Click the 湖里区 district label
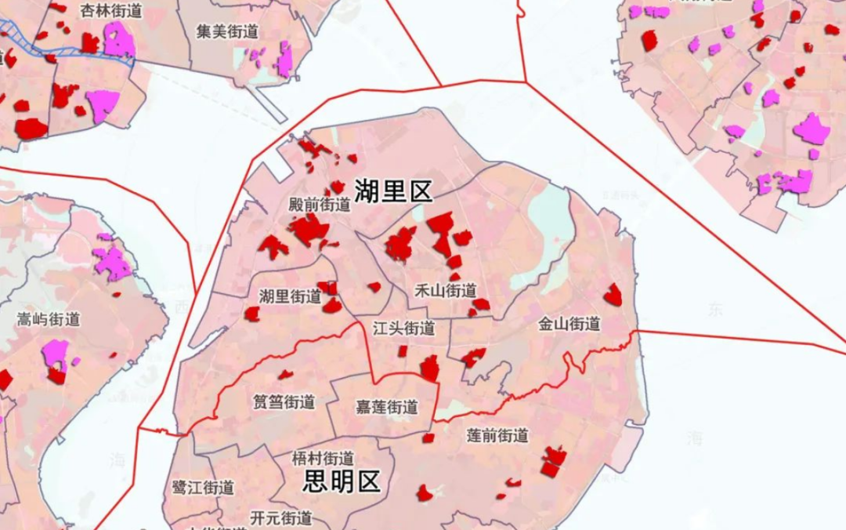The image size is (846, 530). (x=393, y=191)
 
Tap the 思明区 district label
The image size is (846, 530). (x=342, y=481)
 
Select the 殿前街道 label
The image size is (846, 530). (x=320, y=205)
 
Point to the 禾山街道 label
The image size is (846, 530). (x=445, y=291)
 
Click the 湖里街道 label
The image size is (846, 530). (x=290, y=296)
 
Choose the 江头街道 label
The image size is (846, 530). (x=403, y=328)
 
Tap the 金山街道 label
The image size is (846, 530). (x=569, y=324)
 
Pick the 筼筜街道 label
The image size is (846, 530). (x=284, y=402)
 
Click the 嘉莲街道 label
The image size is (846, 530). (x=386, y=408)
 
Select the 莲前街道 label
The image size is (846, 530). (x=497, y=435)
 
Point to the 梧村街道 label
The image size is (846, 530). (x=322, y=458)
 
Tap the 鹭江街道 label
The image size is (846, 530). (x=203, y=487)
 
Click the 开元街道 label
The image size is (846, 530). (x=281, y=517)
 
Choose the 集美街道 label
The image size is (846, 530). (x=227, y=32)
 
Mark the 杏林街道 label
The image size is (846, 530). (x=111, y=10)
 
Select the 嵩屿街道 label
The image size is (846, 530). (x=49, y=319)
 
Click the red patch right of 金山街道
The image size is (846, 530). (x=613, y=296)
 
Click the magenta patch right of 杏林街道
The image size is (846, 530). (x=118, y=39)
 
